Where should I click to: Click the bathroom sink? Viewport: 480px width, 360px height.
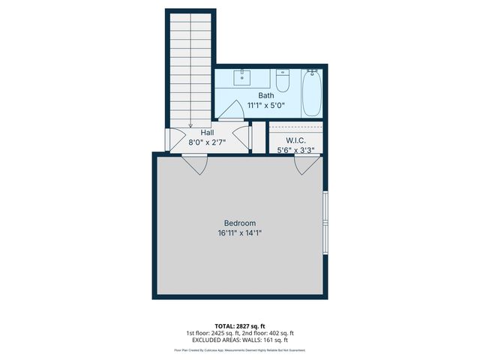click(x=243, y=76)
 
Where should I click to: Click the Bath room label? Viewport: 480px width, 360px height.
click(x=266, y=95)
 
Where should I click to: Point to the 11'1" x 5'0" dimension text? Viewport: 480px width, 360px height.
click(x=266, y=106)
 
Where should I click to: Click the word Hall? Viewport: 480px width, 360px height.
click(x=207, y=133)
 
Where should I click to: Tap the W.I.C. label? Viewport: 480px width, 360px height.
click(x=295, y=140)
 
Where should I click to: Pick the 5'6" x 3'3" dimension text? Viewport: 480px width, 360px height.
click(x=295, y=150)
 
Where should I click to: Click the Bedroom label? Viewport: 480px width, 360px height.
click(x=240, y=223)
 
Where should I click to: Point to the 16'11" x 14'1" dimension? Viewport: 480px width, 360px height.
click(x=240, y=233)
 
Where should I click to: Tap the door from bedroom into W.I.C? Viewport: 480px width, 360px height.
click(x=306, y=163)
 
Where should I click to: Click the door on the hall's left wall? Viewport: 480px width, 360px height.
click(x=174, y=137)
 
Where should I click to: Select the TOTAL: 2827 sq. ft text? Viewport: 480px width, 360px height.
click(x=240, y=325)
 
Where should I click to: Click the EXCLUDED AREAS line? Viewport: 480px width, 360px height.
click(x=240, y=340)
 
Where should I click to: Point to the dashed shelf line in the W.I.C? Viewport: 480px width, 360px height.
click(x=295, y=130)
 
